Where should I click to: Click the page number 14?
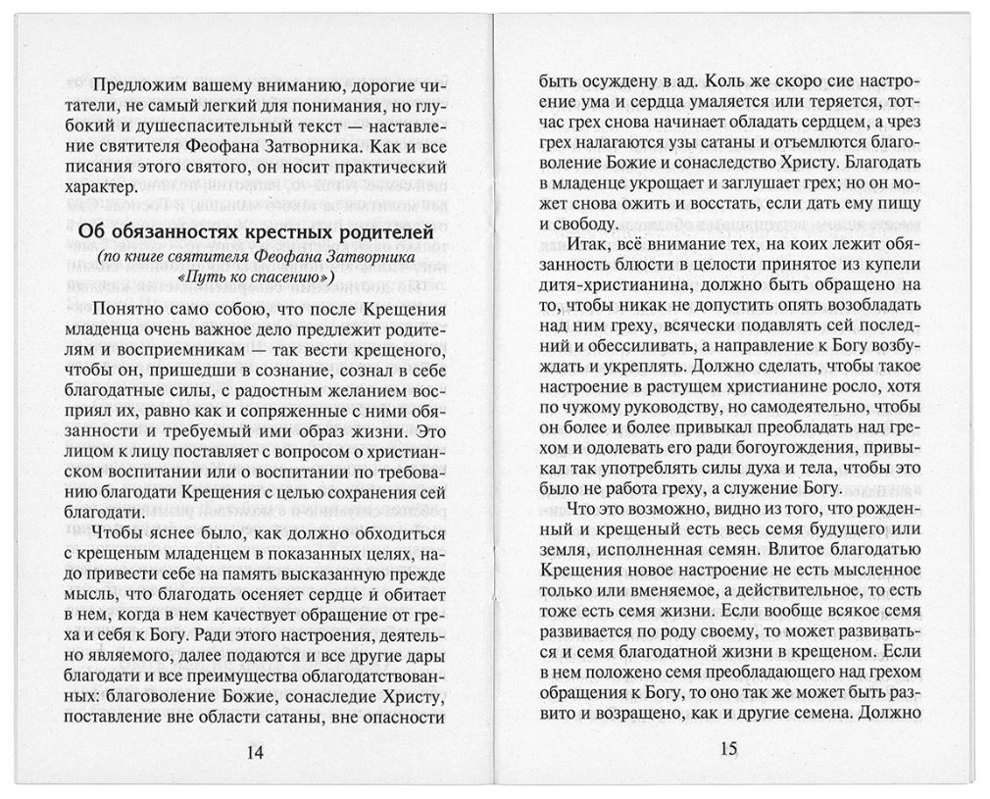pos(254,752)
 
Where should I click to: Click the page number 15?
pos(727,750)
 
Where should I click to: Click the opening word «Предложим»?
pos(136,83)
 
